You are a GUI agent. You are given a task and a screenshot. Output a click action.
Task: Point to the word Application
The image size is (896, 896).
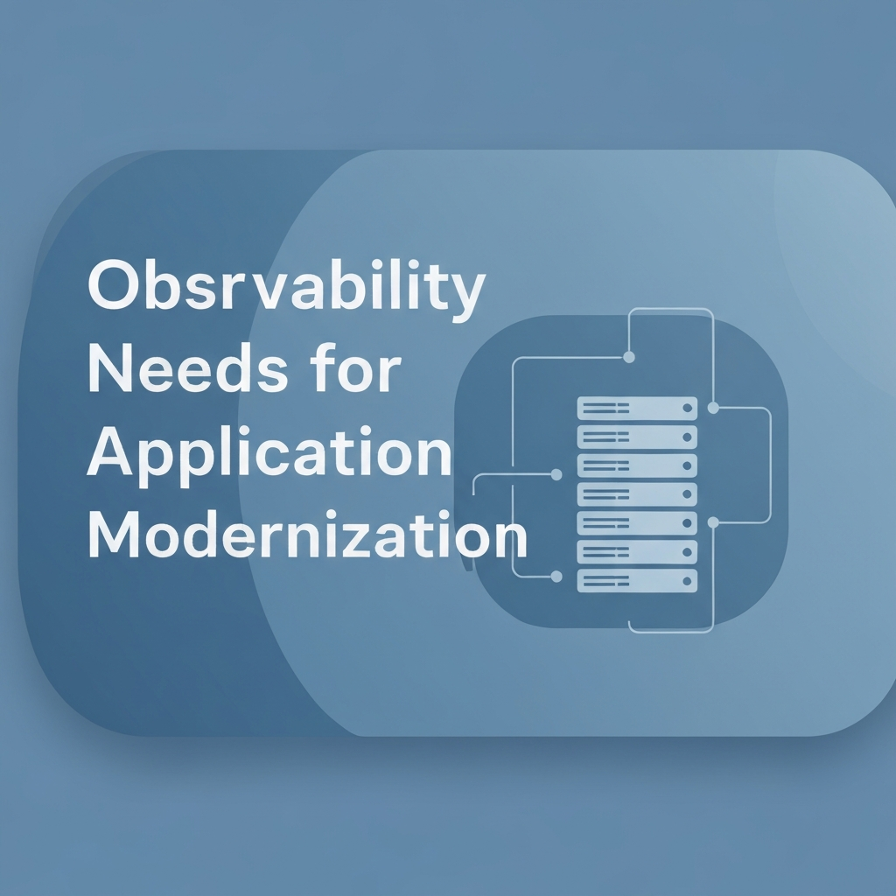(269, 456)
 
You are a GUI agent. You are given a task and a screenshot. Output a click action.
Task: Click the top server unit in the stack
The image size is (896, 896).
(637, 409)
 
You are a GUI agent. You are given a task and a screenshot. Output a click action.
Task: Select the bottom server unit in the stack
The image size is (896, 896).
(637, 581)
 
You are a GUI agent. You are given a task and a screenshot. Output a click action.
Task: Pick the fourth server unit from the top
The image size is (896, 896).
(637, 494)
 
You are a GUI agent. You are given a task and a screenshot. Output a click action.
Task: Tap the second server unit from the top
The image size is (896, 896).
(637, 437)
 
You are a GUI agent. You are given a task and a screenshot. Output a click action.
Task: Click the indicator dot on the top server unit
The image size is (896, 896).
(687, 409)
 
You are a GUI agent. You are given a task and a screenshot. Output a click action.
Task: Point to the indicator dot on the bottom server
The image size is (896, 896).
(687, 581)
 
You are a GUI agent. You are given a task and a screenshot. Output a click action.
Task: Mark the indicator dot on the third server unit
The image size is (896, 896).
(687, 465)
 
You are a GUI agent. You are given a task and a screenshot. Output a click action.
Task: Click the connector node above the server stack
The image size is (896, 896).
(628, 357)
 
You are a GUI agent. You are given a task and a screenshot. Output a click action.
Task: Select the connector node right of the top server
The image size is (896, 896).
(713, 408)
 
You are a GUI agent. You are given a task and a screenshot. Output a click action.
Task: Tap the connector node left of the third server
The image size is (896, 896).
(556, 474)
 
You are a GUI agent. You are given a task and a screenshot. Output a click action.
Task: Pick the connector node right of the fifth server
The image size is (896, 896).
(713, 522)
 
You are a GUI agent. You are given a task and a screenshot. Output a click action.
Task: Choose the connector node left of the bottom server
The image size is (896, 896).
(556, 577)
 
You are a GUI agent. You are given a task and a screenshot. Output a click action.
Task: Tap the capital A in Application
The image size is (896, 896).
(109, 452)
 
